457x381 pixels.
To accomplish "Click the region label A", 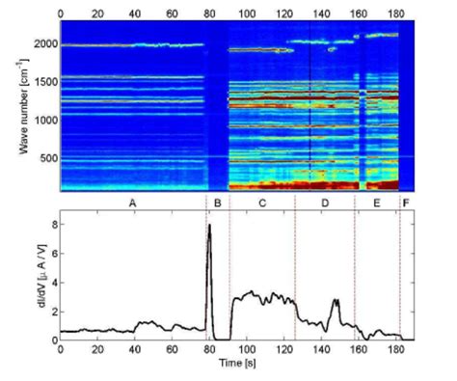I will coord(131,204).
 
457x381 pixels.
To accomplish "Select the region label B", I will coord(218,204).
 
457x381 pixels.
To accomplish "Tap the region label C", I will coord(262,204).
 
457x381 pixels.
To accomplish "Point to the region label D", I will coord(324,204).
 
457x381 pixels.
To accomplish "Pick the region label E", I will coord(376,204).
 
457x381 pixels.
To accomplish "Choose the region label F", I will coord(406,204).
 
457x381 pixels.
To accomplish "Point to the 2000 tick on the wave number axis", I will coord(42,44).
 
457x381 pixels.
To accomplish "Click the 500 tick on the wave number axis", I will coord(46,157).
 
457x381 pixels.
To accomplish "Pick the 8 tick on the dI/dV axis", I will coord(51,224).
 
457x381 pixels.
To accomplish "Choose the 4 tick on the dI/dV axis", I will coord(51,282).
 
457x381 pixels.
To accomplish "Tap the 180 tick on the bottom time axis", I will coord(397,350).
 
